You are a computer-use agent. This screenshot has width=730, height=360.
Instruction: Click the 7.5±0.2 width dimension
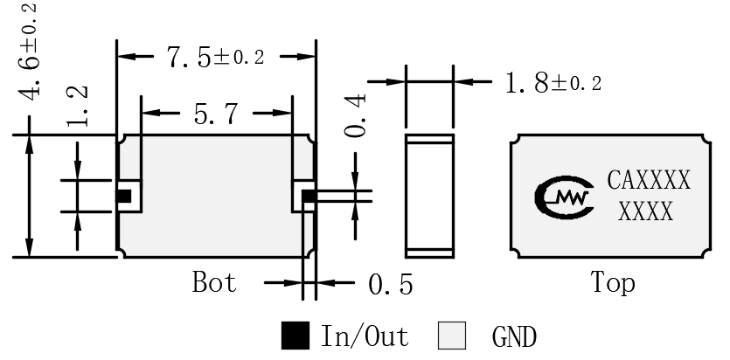[x=216, y=57]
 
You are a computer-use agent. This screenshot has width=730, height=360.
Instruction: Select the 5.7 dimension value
[x=216, y=114]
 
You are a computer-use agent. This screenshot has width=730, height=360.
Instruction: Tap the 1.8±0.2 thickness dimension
[x=553, y=84]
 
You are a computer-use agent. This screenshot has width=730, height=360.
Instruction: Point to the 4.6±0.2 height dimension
[x=28, y=52]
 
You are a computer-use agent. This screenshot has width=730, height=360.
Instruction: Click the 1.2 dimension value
[x=77, y=106]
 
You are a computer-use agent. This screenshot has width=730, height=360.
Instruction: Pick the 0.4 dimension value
[x=355, y=116]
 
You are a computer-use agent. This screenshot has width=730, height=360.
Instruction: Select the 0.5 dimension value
[x=391, y=284]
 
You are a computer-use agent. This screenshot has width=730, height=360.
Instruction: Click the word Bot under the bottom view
[x=214, y=282]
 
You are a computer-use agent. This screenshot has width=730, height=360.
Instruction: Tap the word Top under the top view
[x=612, y=282]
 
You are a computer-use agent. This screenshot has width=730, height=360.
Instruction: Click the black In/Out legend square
[x=295, y=336]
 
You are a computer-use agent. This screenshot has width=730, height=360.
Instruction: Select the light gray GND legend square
[x=452, y=336]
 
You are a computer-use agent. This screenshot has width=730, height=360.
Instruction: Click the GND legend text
[x=514, y=336]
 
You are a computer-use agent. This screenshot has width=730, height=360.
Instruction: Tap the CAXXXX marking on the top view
[x=649, y=181]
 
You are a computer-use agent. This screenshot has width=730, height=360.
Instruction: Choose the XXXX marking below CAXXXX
[x=646, y=211]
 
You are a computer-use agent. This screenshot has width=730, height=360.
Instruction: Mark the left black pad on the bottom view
[x=124, y=197]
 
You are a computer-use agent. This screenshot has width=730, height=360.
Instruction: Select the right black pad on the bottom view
[x=309, y=197]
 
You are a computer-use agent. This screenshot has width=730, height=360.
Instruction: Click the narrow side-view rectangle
[x=429, y=196]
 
